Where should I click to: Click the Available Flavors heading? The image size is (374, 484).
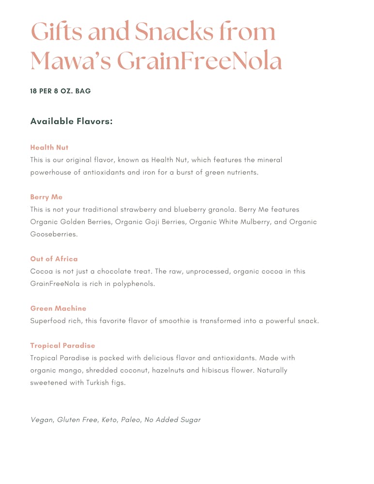tap(71, 121)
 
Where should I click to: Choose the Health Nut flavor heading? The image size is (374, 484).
tap(49, 147)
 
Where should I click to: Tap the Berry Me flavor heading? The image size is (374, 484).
tap(46, 197)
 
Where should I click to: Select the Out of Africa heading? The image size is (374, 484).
tap(54, 259)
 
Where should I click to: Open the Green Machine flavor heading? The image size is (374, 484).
tap(59, 308)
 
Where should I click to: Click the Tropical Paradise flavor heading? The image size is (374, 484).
tap(63, 346)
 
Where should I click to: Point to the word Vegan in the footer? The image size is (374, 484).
tap(41, 420)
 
